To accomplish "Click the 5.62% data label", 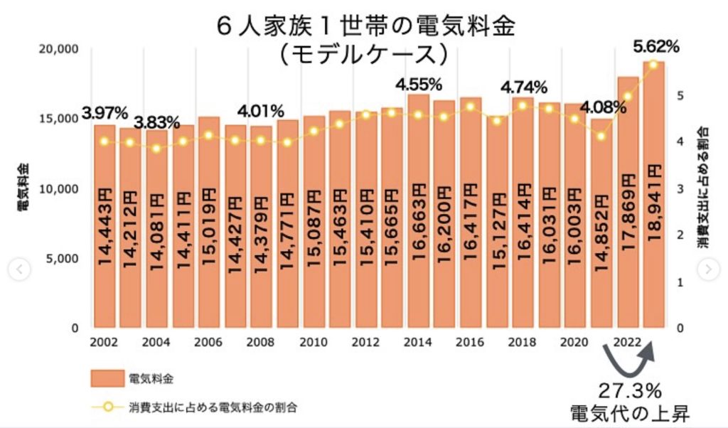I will (x=655, y=47).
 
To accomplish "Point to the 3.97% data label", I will (x=105, y=112).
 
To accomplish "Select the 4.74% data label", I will (x=524, y=88).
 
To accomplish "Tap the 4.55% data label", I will (x=419, y=85).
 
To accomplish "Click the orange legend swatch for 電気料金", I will (x=104, y=378).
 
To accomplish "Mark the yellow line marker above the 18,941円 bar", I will (x=653, y=65).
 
